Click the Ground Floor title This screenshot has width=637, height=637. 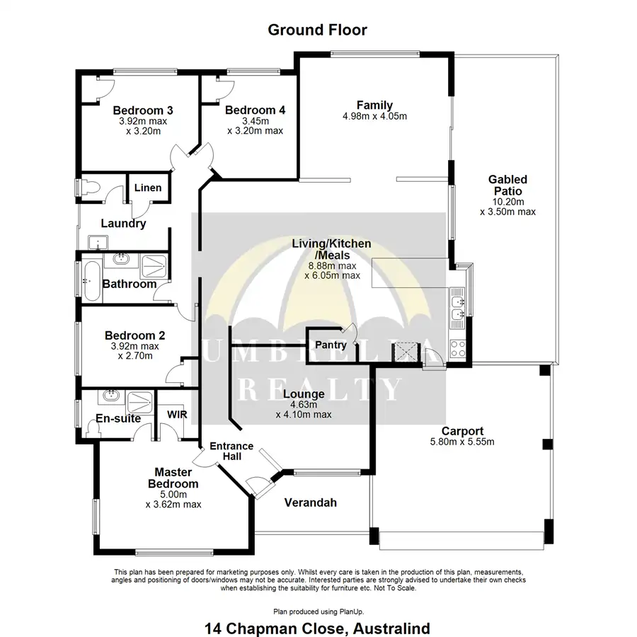(x=317, y=30)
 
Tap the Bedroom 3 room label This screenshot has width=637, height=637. (x=143, y=110)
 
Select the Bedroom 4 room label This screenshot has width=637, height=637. (x=255, y=110)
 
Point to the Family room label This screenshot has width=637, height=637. (x=374, y=105)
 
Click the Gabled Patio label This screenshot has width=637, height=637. (x=507, y=185)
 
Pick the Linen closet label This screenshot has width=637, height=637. (x=148, y=188)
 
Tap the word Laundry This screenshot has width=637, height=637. (x=123, y=224)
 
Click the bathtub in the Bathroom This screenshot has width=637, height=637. (x=91, y=280)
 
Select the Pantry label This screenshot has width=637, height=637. (x=331, y=345)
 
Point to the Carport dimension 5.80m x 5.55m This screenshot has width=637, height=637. (x=462, y=442)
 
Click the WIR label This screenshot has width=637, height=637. (x=177, y=415)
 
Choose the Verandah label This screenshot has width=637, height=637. (x=310, y=503)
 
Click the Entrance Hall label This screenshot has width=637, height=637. (x=231, y=451)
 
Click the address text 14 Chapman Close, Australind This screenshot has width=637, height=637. (x=317, y=627)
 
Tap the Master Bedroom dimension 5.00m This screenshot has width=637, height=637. (x=173, y=495)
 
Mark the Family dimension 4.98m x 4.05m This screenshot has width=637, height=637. (x=374, y=117)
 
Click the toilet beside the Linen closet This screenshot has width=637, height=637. (x=90, y=188)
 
